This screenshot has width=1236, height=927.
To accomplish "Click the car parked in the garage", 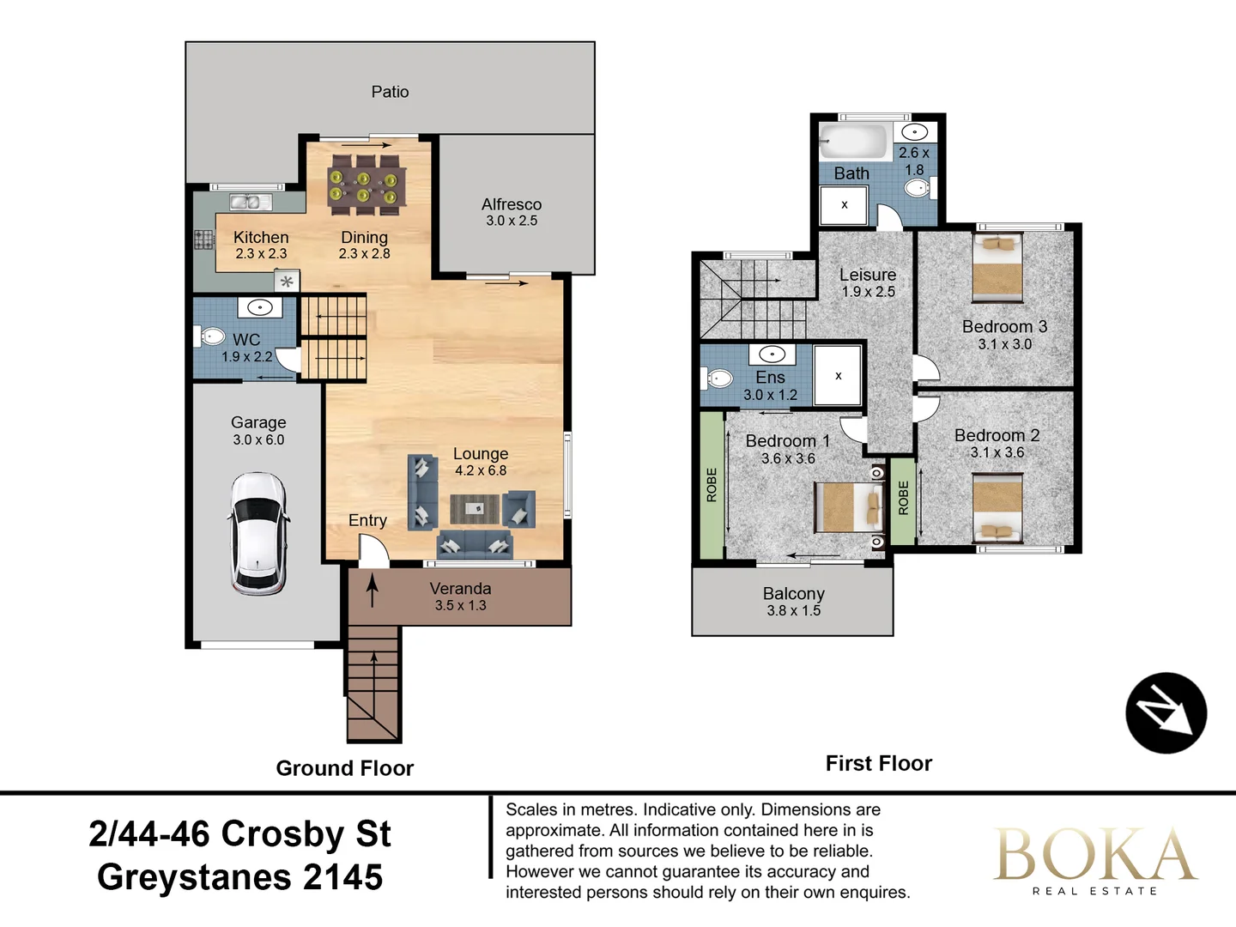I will click(258, 533).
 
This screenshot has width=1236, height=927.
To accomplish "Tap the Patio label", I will click(390, 92).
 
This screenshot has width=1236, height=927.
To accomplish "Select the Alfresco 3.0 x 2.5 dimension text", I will click(512, 221).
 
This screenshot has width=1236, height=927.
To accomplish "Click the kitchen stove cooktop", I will click(203, 239).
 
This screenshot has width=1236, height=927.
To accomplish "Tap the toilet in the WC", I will click(209, 336).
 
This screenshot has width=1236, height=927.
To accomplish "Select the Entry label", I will click(367, 520).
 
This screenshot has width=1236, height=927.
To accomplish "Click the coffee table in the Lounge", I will click(475, 509).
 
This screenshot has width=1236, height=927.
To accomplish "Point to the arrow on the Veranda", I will click(373, 591).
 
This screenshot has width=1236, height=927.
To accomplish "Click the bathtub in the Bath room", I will click(853, 141).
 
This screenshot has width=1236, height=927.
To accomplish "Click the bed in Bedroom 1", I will click(848, 507).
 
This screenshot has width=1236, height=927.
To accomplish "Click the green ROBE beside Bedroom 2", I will click(903, 500).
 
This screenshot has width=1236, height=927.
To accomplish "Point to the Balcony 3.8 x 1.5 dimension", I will click(794, 610).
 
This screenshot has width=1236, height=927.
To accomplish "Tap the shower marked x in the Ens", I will click(838, 375).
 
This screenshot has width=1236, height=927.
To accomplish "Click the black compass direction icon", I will click(1166, 713).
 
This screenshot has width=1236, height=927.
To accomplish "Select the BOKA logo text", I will click(1094, 855).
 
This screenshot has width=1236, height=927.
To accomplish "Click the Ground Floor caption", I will click(345, 768).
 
